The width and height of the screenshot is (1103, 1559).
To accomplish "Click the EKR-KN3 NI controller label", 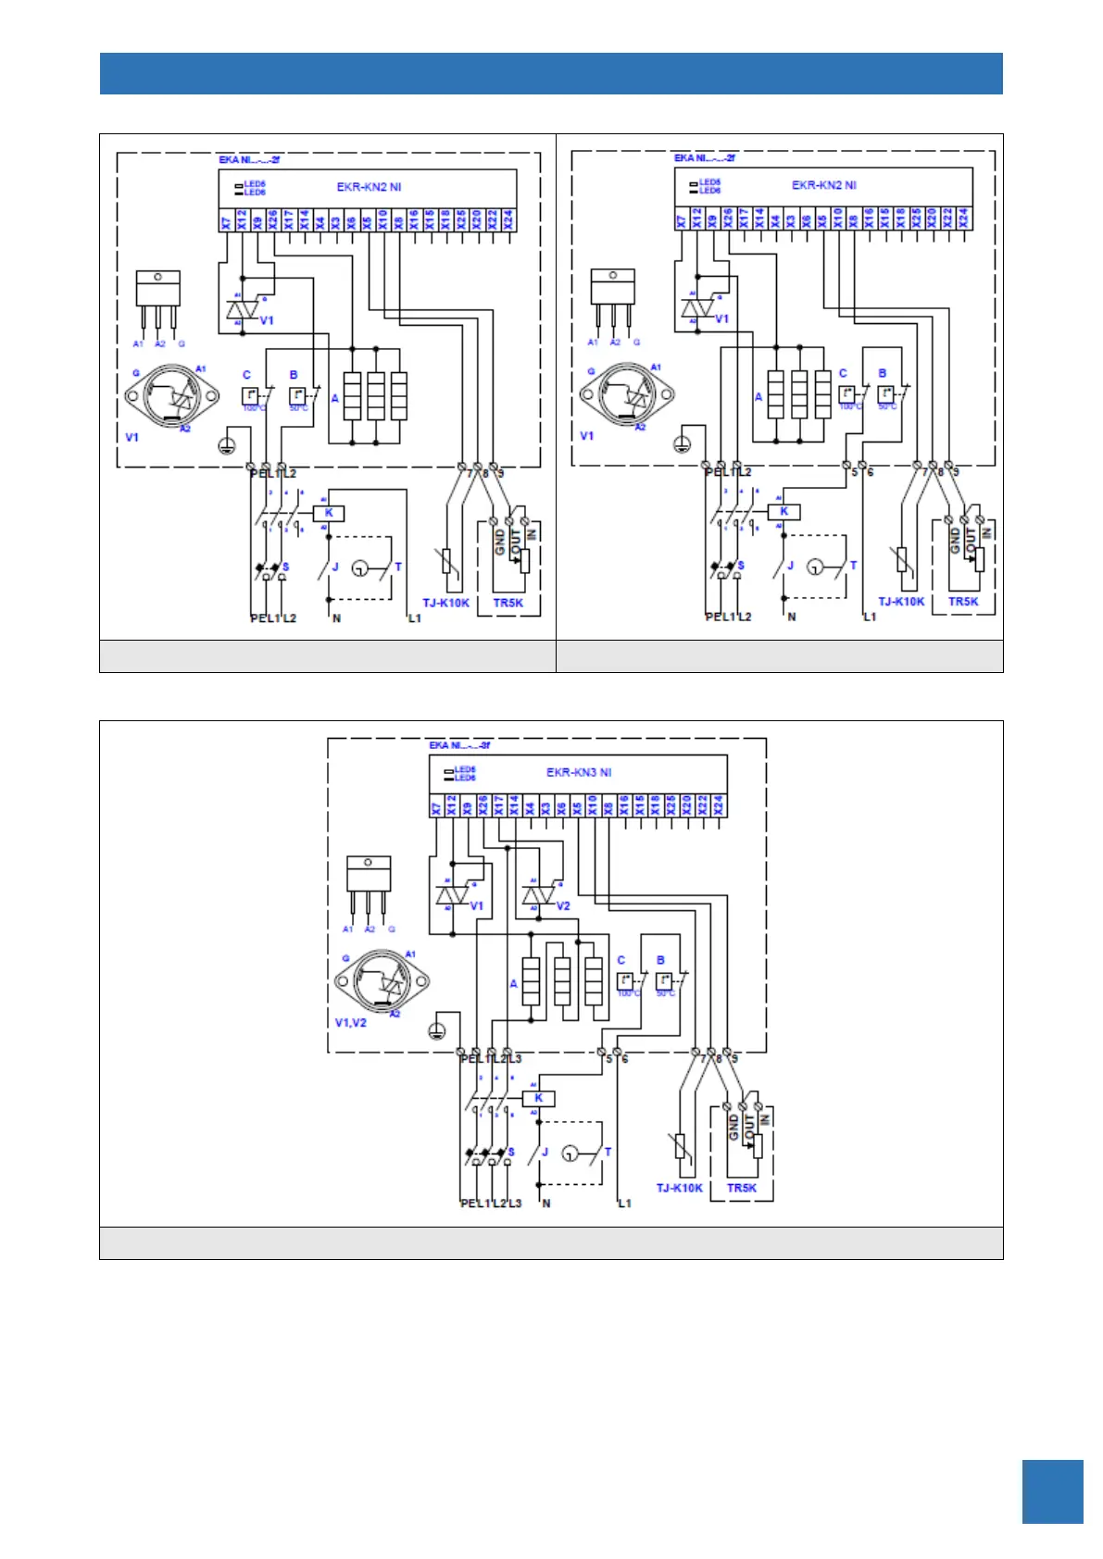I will (579, 772).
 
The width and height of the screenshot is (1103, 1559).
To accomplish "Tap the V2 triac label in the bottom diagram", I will (563, 906).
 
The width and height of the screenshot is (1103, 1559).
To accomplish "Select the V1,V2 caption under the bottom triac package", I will (351, 1023).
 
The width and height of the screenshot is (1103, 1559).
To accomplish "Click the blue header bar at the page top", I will (551, 74).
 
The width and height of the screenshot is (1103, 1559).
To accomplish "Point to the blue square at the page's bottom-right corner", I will (1052, 1491).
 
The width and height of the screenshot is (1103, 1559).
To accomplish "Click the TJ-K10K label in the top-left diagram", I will (445, 603).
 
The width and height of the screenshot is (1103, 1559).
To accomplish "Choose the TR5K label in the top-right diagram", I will (963, 602).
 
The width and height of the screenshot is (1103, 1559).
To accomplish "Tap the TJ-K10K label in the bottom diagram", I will (680, 1188).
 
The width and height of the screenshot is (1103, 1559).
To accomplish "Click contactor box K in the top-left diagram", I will (329, 513).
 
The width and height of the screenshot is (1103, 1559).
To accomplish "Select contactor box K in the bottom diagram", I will (538, 1099).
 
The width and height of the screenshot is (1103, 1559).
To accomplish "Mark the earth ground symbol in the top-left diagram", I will (225, 446).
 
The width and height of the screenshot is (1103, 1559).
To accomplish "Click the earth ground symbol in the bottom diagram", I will (438, 1032).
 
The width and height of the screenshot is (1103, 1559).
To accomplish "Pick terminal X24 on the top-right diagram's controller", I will (963, 218).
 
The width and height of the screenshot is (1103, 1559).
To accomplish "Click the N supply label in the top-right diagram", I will (792, 617).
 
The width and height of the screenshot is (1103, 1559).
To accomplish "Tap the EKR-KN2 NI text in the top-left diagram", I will (369, 187).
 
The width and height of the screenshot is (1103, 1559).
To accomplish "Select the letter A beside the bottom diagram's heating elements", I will (513, 983).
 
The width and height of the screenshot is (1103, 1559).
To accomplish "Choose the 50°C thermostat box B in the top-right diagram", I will (885, 394).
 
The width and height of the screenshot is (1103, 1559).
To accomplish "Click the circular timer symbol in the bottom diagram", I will (570, 1154).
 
